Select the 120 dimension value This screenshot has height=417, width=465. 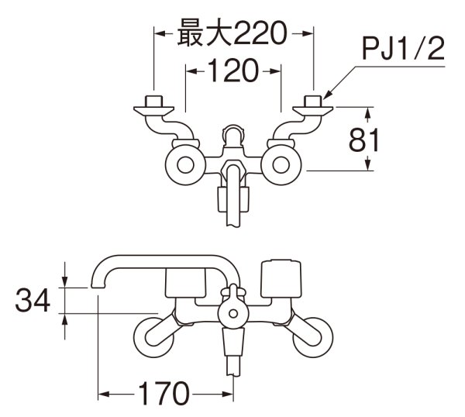click(232, 71)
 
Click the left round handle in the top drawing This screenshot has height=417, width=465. click(185, 164)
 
